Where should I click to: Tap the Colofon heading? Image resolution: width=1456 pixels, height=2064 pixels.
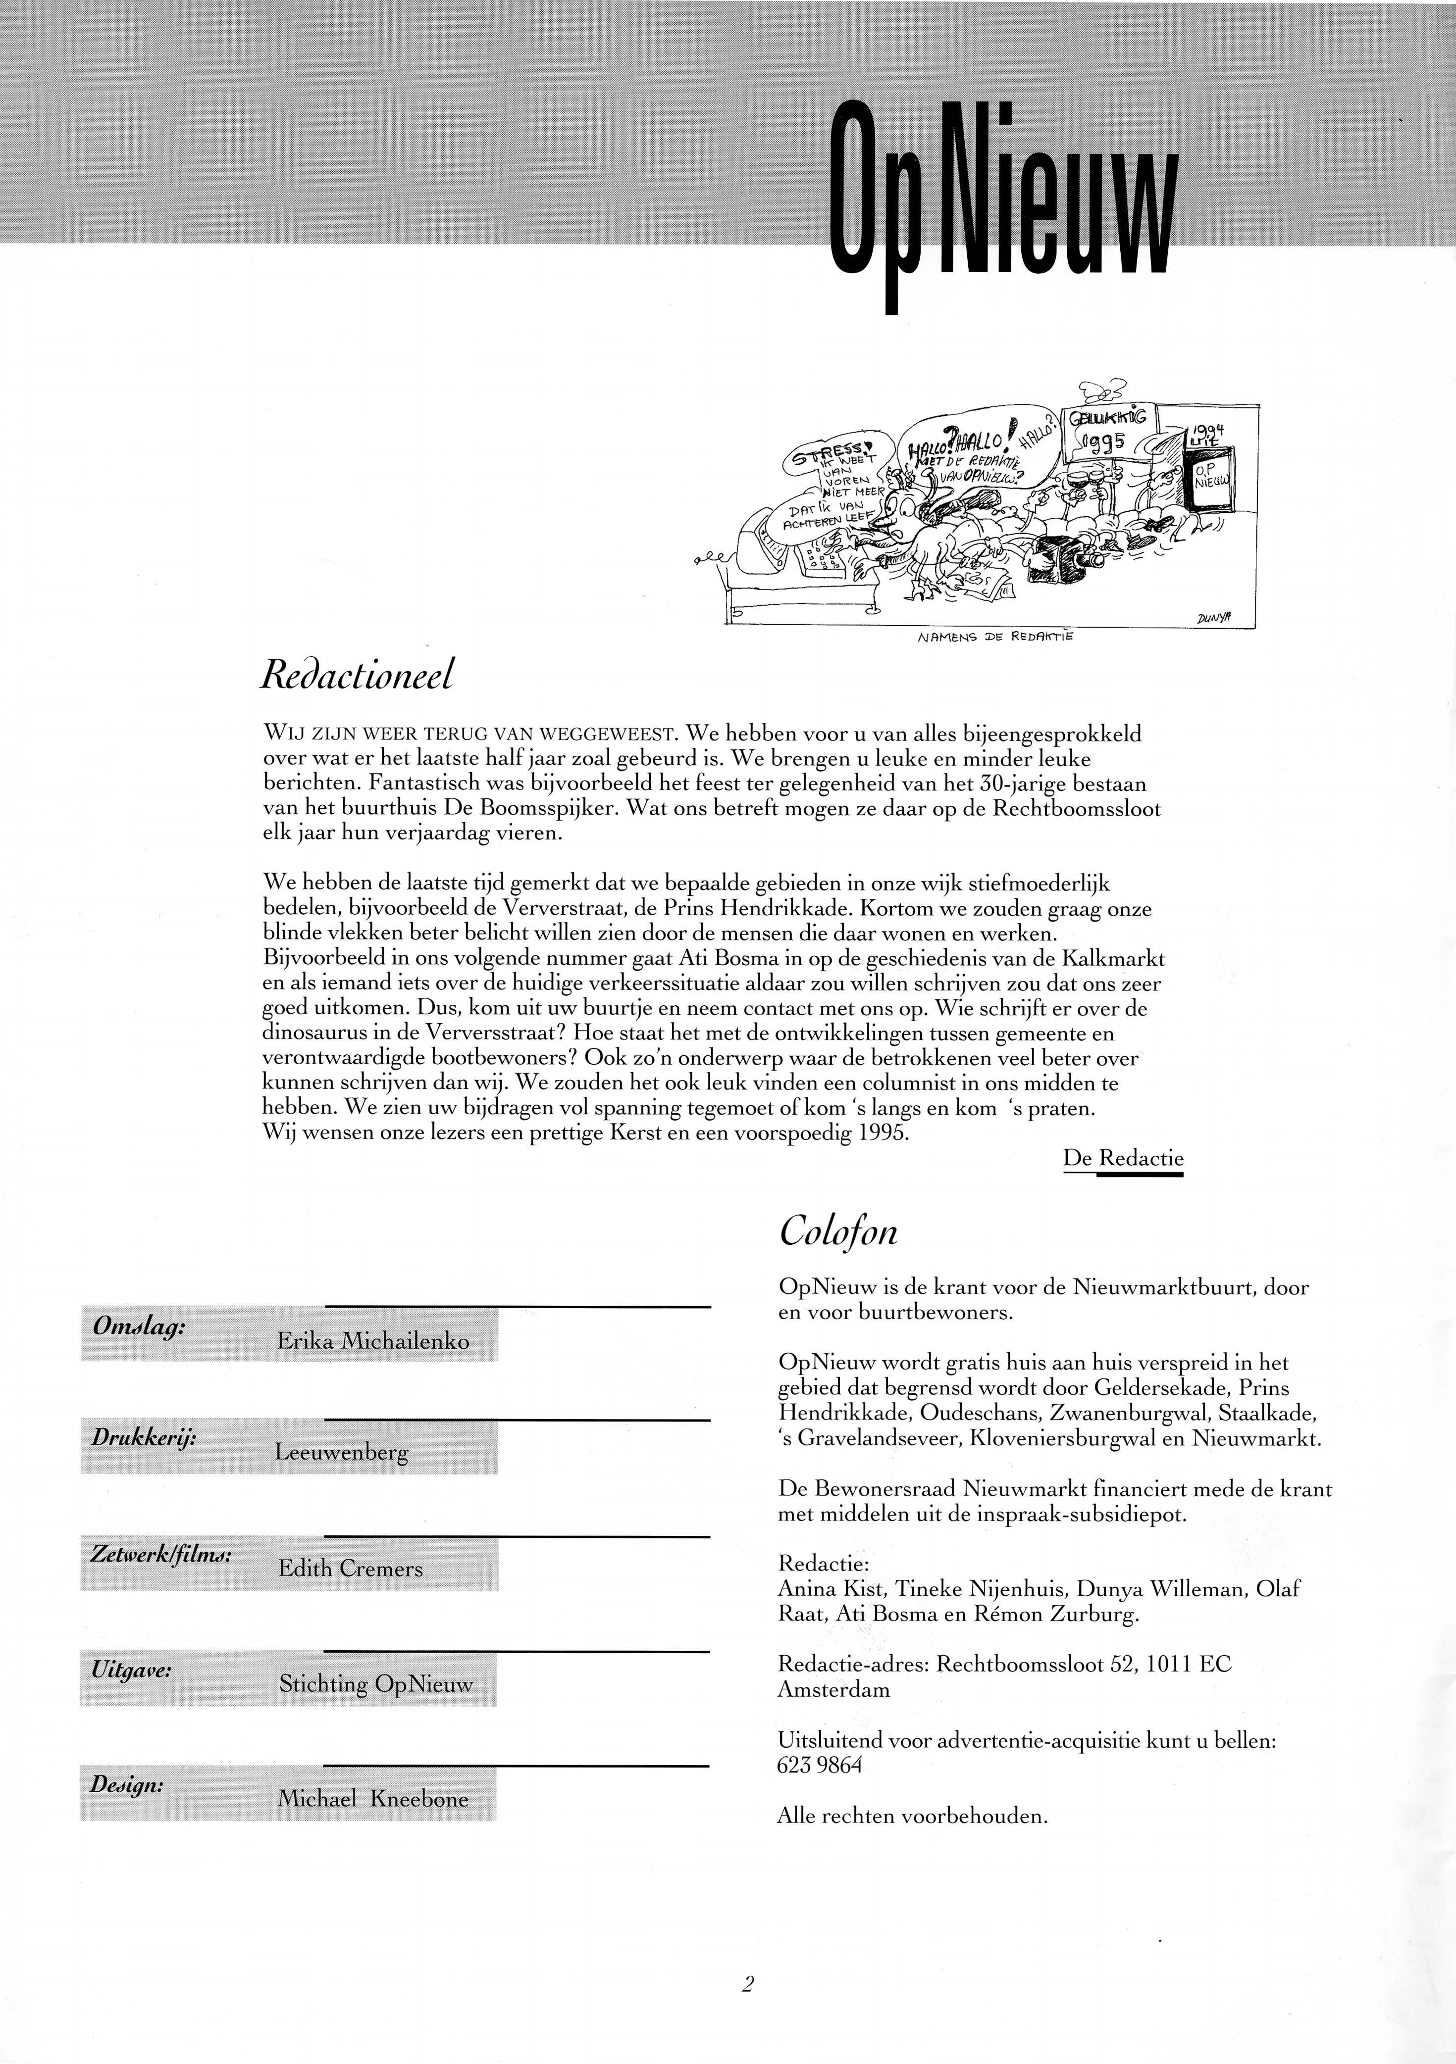(837, 1230)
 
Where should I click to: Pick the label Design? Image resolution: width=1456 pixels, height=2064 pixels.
(127, 1784)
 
